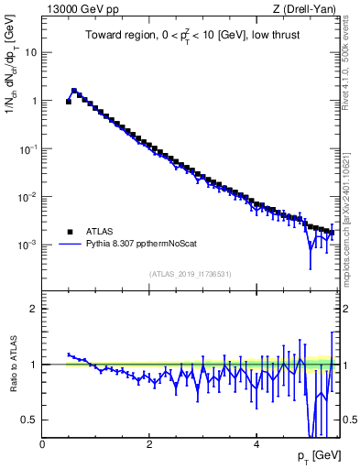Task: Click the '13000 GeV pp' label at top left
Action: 76,9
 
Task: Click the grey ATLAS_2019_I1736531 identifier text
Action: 190,274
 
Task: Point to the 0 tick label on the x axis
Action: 42,444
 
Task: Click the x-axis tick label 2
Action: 149,444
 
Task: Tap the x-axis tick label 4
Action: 256,444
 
